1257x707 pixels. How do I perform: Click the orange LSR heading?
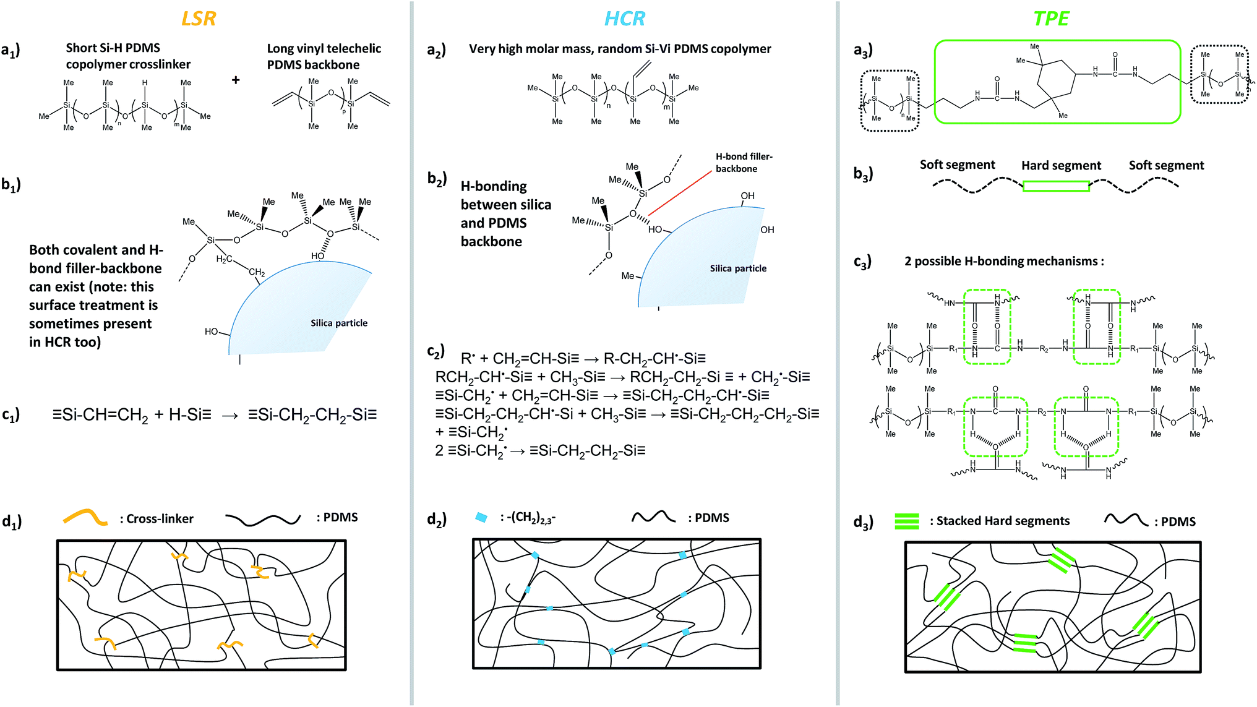199,19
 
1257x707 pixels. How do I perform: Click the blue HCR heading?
624,19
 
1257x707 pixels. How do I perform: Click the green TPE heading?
1051,19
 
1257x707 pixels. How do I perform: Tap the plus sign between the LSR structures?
236,80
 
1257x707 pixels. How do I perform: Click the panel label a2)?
437,50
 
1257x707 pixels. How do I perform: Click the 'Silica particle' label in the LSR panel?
339,323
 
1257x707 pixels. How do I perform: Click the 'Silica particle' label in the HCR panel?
738,268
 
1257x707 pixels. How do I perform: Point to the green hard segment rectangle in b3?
1056,186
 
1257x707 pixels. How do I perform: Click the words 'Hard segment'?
1061,166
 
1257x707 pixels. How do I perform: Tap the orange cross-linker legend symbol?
86,517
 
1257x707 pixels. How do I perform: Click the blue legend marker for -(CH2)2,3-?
481,517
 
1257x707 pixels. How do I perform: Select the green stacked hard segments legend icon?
907,521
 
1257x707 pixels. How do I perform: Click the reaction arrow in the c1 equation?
230,416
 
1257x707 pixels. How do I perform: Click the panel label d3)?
864,523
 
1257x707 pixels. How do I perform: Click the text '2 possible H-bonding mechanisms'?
1003,261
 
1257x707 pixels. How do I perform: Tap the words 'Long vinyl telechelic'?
324,48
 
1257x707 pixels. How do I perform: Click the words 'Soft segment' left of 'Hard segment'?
957,165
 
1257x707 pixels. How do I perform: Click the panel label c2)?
436,351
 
